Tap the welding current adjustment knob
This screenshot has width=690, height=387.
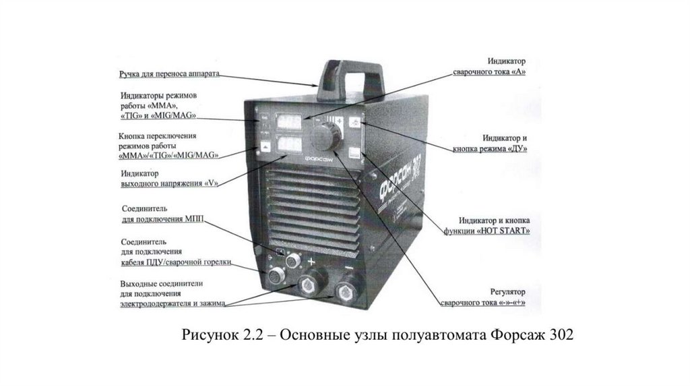(326, 138)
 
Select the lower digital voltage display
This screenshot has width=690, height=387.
(287, 145)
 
